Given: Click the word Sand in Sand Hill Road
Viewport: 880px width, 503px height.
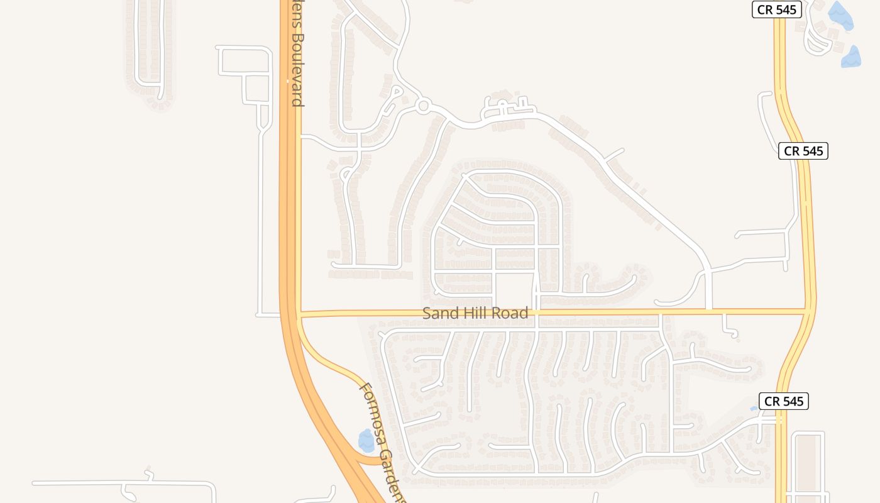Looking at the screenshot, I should pos(438,313).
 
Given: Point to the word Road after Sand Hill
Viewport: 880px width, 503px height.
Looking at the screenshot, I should pos(511,313).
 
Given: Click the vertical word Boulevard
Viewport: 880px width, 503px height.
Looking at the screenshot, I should pos(297,69).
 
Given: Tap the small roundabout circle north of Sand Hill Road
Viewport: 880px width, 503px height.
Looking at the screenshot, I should pos(423,106).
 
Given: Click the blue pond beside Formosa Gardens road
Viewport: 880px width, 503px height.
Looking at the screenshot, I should pos(366,440).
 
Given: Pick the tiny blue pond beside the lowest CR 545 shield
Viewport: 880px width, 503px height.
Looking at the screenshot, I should pos(754,409).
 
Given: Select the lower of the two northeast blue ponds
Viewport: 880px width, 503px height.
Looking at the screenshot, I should pos(851,57).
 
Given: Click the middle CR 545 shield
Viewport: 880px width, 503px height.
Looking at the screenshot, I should pos(803,151).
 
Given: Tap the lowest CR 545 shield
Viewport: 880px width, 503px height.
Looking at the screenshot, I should pos(784,401).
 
